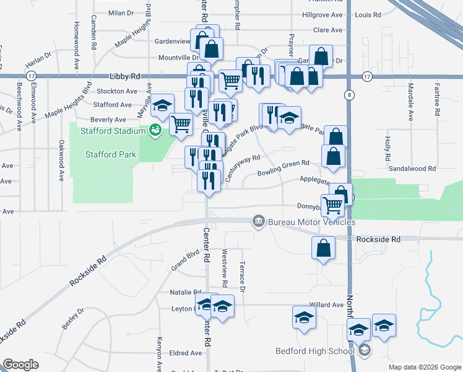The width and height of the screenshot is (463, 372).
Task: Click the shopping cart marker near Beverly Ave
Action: point(181,124)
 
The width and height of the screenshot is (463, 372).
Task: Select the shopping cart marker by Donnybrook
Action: point(333,204)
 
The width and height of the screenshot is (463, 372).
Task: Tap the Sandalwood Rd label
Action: point(412,168)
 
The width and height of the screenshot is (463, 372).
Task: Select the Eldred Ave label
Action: point(186,353)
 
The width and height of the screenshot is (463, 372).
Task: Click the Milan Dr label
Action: point(121,12)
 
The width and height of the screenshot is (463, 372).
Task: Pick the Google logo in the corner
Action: point(20,365)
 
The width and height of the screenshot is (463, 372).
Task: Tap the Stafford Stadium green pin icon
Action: point(155,130)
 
